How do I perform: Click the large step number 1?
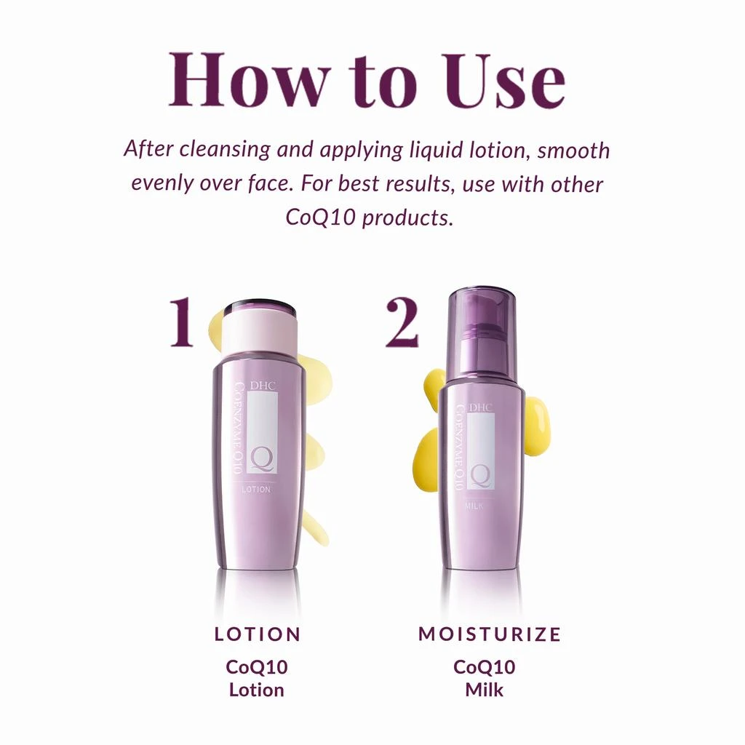tap(182, 322)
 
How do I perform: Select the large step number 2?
tap(402, 322)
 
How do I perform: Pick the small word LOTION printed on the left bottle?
tap(256, 490)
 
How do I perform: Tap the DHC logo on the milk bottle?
tap(481, 407)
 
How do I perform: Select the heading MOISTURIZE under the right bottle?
tap(490, 634)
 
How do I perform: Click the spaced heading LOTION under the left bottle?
tap(258, 634)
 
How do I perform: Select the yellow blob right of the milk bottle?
tap(537, 426)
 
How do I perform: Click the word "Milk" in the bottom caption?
tap(484, 688)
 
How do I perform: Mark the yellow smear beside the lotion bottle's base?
tap(314, 527)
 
